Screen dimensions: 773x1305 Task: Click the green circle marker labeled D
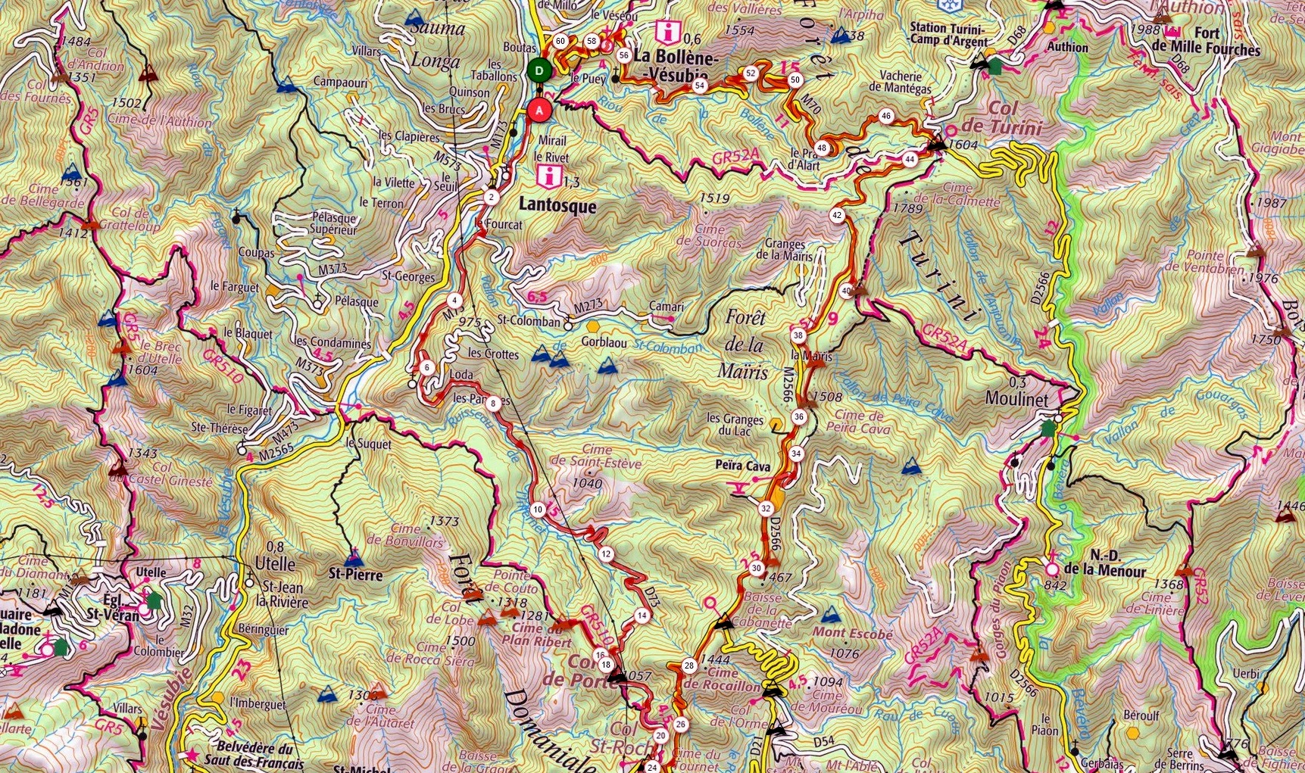pyautogui.click(x=539, y=71)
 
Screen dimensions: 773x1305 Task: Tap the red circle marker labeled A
pyautogui.click(x=539, y=110)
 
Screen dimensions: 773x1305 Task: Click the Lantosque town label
pyautogui.click(x=559, y=206)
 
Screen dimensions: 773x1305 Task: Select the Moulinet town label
pyautogui.click(x=1016, y=399)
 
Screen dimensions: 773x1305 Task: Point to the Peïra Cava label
pyautogui.click(x=742, y=466)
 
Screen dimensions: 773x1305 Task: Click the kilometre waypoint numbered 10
pyautogui.click(x=538, y=510)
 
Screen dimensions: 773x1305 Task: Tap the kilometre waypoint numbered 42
pyautogui.click(x=837, y=215)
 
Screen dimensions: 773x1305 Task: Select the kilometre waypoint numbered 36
pyautogui.click(x=799, y=417)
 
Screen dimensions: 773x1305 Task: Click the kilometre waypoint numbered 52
pyautogui.click(x=751, y=73)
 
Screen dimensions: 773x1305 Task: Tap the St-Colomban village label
pyautogui.click(x=529, y=322)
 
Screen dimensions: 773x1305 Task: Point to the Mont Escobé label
pyautogui.click(x=852, y=633)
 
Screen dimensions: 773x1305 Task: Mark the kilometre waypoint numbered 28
pyautogui.click(x=688, y=666)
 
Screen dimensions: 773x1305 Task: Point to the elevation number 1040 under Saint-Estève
pyautogui.click(x=588, y=483)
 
